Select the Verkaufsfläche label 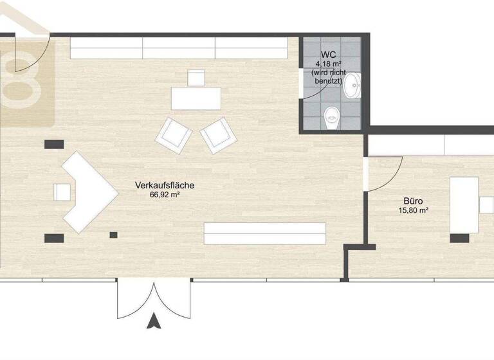pyautogui.click(x=165, y=186)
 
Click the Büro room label pyautogui.click(x=414, y=201)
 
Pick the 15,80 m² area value pyautogui.click(x=414, y=210)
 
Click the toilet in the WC pyautogui.click(x=332, y=116)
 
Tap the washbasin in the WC pyautogui.click(x=352, y=85)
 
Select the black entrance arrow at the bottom pyautogui.click(x=154, y=321)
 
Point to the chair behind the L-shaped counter pyautogui.click(x=62, y=192)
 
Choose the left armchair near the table pyautogui.click(x=174, y=133)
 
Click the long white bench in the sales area pyautogui.click(x=264, y=232)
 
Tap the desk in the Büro pyautogui.click(x=464, y=204)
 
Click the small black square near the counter pyautogui.click(x=113, y=235)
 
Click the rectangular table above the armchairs pyautogui.click(x=196, y=98)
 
